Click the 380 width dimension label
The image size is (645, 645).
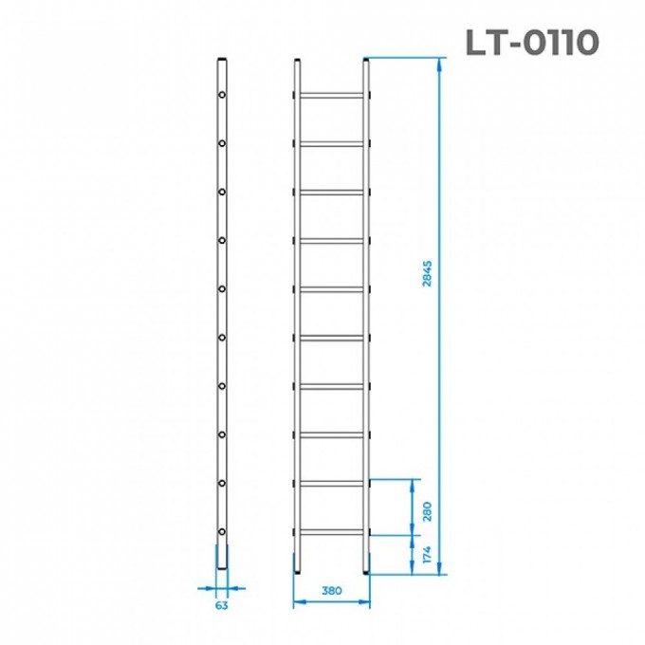point(330,591)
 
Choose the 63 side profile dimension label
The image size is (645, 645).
point(222,603)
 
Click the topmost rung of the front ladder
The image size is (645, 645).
point(330,95)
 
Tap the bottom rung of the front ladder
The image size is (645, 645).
point(330,531)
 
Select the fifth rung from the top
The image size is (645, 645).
point(330,288)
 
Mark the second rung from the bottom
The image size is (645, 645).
point(330,483)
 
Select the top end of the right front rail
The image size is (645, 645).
point(365,63)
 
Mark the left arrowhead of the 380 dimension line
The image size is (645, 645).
point(296,600)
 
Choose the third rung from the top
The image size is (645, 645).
point(330,192)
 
